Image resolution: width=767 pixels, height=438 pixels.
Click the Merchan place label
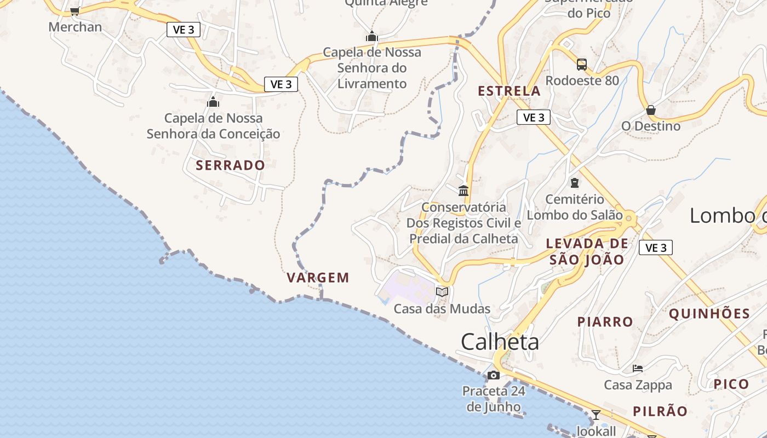[75, 27]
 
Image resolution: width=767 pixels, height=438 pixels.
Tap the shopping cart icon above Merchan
[75, 11]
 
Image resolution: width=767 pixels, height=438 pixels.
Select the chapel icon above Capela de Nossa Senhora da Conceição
[213, 102]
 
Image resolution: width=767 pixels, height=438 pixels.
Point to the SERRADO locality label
[230, 165]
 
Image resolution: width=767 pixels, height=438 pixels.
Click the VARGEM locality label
[318, 278]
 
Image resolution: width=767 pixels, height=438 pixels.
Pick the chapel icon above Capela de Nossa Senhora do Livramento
[372, 37]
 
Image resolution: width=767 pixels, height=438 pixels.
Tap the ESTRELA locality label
[509, 91]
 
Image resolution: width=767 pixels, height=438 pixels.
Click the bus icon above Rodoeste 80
[582, 65]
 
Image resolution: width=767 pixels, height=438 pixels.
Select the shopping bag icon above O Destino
[651, 110]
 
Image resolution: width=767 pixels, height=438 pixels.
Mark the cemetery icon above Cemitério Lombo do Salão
[574, 183]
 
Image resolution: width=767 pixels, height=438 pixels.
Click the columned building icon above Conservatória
[463, 191]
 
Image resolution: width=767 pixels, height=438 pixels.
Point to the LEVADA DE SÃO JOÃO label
[587, 251]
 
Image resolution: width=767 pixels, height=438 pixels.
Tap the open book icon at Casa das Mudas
[442, 292]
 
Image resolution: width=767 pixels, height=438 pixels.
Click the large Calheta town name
[500, 342]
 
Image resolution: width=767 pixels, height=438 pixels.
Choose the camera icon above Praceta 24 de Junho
[494, 375]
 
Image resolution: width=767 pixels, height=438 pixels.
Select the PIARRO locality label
[605, 322]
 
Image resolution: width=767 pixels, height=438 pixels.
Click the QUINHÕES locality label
[709, 314]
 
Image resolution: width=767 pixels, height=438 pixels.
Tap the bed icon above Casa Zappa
[638, 368]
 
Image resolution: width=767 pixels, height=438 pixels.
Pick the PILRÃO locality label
[660, 412]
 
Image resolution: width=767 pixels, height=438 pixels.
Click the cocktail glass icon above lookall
[596, 414]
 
